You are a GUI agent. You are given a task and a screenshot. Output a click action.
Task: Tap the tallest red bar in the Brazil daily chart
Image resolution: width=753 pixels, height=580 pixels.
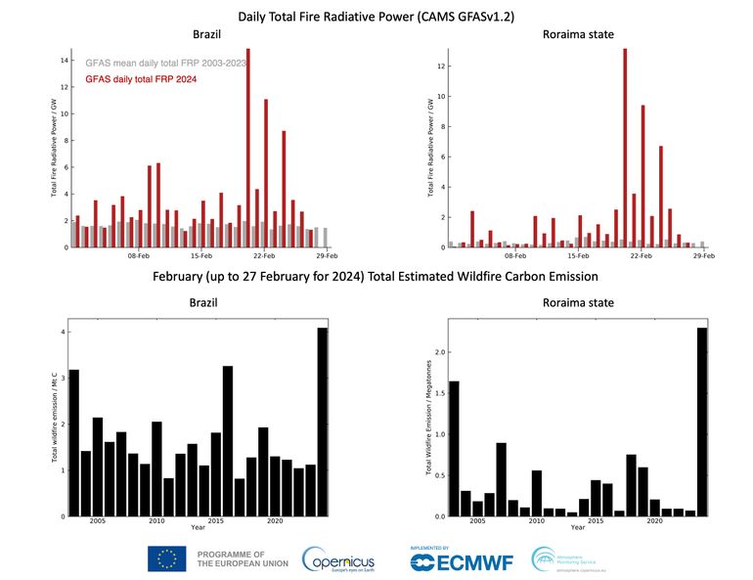tap(247, 147)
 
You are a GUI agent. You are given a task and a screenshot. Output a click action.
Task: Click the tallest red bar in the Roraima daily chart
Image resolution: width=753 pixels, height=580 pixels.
tap(625, 147)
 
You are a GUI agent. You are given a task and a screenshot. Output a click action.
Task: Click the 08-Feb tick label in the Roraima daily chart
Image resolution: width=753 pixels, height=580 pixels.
tap(515, 256)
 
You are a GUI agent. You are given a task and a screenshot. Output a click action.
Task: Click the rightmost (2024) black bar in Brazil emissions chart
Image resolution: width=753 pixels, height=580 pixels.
tap(323, 422)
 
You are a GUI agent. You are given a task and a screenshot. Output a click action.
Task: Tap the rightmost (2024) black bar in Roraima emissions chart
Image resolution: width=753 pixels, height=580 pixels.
tap(701, 422)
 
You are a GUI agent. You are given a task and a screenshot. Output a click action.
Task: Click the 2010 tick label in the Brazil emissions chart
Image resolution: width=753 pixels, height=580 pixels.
tap(155, 522)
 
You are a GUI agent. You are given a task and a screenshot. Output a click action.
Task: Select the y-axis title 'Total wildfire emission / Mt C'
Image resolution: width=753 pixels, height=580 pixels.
tap(54, 421)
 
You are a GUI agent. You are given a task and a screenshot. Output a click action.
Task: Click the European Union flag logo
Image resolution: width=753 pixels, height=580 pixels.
tap(167, 558)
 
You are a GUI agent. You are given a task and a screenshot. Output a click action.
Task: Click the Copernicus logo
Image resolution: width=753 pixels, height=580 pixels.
tap(337, 559)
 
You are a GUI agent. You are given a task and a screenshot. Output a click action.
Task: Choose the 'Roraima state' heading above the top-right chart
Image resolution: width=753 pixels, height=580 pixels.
tap(578, 35)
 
